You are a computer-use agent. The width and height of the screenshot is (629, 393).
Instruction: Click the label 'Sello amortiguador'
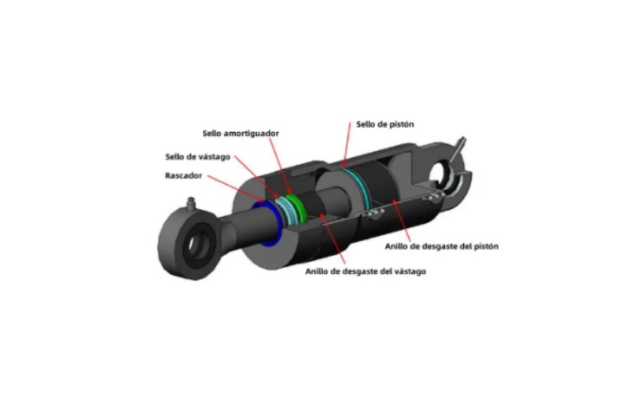tap(241, 134)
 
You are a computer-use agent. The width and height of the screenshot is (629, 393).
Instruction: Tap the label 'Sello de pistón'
tap(384, 124)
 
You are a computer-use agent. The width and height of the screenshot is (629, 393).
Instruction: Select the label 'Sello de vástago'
tap(198, 156)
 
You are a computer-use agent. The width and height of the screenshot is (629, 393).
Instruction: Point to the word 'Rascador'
tap(183, 175)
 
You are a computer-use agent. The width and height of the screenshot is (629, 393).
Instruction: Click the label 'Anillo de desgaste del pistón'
tap(442, 246)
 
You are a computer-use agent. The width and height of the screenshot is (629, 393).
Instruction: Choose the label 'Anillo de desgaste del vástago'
tap(366, 271)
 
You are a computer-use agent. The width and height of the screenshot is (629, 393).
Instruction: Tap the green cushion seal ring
tap(297, 208)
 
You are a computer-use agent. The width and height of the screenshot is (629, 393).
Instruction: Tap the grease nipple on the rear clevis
tap(458, 149)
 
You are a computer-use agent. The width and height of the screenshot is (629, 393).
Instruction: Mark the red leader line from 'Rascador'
tap(235, 188)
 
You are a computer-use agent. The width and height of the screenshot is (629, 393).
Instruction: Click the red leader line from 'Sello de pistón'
tap(346, 145)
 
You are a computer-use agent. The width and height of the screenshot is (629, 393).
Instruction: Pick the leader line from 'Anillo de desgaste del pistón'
tap(401, 221)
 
